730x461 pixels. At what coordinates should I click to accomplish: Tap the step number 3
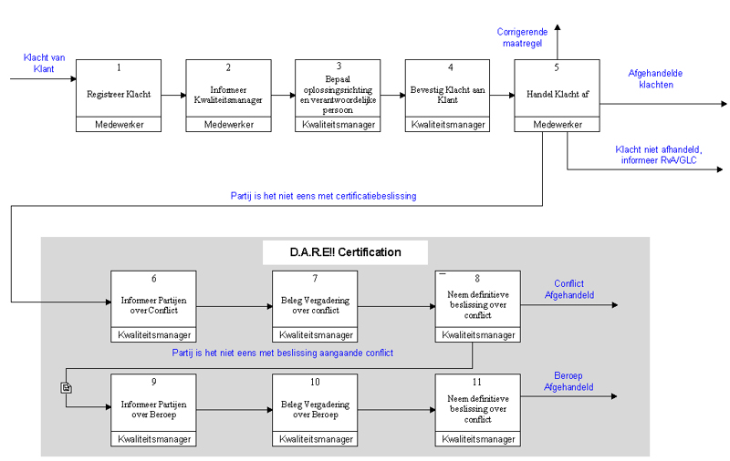pyautogui.click(x=339, y=66)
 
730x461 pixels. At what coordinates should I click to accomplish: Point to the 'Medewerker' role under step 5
pyautogui.click(x=558, y=125)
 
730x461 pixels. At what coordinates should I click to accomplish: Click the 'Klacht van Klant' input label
pyautogui.click(x=44, y=63)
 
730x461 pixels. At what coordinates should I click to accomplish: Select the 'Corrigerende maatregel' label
pyautogui.click(x=522, y=37)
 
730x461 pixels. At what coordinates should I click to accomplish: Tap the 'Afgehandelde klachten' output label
pyautogui.click(x=655, y=79)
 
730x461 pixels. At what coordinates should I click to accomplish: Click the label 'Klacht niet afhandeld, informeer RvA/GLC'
pyautogui.click(x=658, y=155)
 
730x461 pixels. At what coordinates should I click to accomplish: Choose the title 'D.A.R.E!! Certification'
pyautogui.click(x=346, y=252)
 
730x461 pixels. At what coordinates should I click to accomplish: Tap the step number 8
pyautogui.click(x=477, y=279)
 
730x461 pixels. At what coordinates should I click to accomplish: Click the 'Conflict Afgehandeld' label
pyautogui.click(x=569, y=289)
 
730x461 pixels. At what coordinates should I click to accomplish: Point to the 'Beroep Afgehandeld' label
pyautogui.click(x=568, y=381)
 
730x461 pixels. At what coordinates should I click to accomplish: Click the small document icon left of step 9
pyautogui.click(x=66, y=387)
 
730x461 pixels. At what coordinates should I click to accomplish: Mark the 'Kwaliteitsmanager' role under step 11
pyautogui.click(x=478, y=439)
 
